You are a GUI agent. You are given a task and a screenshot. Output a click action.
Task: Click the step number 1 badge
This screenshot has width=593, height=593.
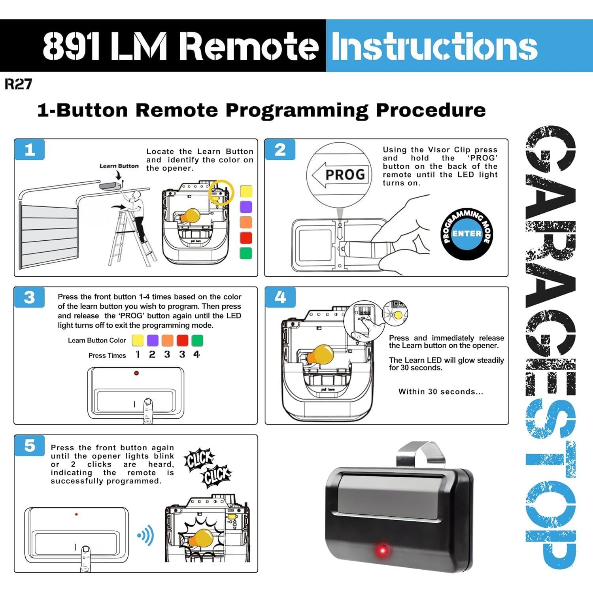(30, 149)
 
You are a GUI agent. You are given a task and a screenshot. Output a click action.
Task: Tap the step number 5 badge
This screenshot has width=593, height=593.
(30, 446)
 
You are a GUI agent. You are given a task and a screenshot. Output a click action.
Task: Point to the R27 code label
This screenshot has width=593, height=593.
(18, 84)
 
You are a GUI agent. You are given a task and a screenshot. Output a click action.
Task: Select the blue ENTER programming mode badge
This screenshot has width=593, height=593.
(466, 234)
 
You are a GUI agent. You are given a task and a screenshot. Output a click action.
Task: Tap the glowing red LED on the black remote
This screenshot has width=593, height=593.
(382, 550)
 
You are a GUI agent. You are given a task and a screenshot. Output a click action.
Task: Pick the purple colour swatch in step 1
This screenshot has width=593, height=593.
(246, 207)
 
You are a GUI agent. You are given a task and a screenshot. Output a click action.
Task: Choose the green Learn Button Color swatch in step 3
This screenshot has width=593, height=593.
(197, 340)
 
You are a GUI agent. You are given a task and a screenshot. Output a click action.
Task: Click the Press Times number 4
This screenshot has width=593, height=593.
(196, 355)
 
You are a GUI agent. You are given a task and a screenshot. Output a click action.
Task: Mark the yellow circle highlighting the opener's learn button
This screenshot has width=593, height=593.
(221, 193)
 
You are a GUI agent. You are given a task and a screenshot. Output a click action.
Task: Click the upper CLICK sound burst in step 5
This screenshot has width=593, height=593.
(199, 460)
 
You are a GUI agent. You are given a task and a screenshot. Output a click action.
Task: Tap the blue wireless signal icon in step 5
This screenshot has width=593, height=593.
(146, 536)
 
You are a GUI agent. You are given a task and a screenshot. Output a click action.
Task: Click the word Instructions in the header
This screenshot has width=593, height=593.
(434, 46)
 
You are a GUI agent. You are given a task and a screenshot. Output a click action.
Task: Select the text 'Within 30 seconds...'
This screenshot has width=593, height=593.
(440, 392)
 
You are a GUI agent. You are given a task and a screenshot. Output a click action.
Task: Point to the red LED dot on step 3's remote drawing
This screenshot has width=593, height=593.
(136, 373)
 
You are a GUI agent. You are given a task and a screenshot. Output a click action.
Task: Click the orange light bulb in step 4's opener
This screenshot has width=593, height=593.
(321, 355)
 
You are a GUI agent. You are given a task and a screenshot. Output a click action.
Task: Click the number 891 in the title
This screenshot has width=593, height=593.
(71, 46)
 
